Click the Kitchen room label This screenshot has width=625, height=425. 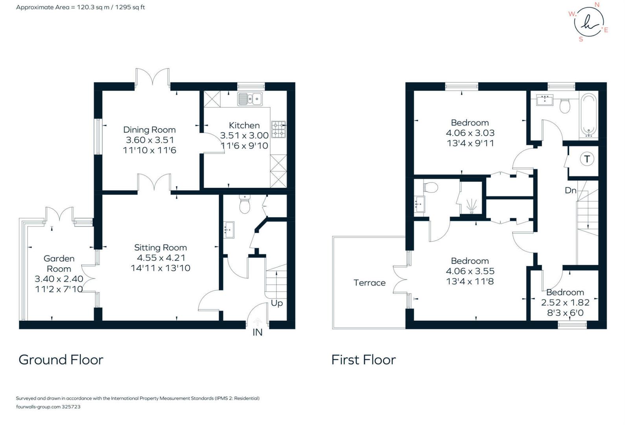(x=244, y=125)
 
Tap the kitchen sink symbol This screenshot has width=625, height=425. (x=250, y=98)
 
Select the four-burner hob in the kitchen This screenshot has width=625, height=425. (x=279, y=129)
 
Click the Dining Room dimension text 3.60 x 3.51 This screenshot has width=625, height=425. (x=149, y=140)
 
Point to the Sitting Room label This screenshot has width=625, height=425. (x=160, y=248)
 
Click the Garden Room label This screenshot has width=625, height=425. (x=59, y=263)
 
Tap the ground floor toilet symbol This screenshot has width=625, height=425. (x=245, y=204)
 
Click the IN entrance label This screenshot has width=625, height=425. (x=257, y=333)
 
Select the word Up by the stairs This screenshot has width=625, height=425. (x=277, y=303)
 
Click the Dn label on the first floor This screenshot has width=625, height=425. (x=570, y=190)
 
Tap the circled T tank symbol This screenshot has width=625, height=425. (x=587, y=159)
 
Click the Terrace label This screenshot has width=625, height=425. (x=369, y=283)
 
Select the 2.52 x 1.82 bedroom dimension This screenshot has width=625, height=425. (x=565, y=303)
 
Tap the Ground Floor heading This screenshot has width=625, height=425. (x=61, y=360)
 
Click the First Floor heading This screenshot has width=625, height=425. (x=363, y=360)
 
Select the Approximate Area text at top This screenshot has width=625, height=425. (x=80, y=7)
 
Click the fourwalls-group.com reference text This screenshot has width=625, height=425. (x=48, y=407)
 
